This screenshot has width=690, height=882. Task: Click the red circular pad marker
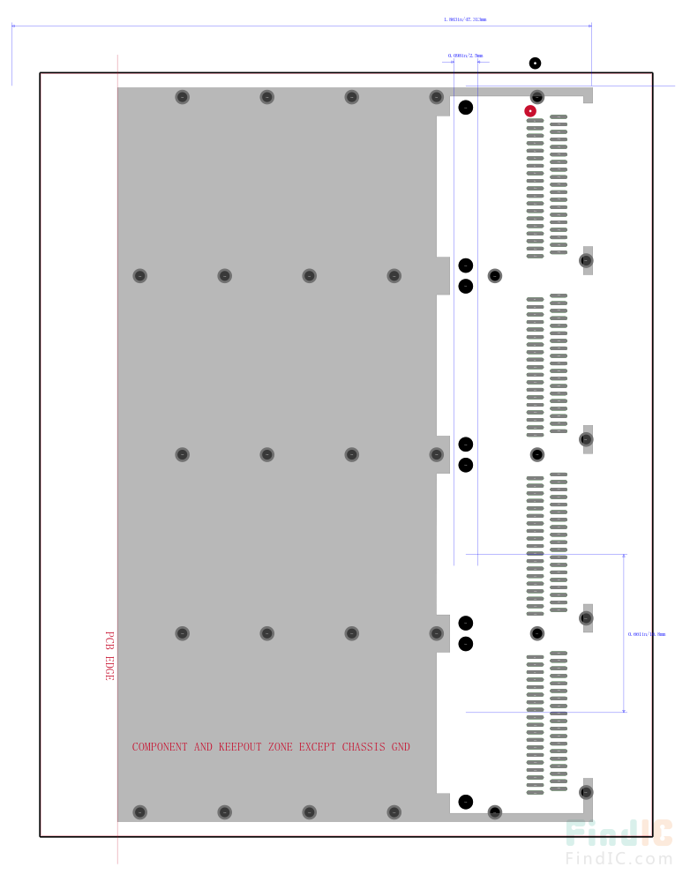pyautogui.click(x=530, y=111)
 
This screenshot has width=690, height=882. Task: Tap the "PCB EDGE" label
pyautogui.click(x=109, y=655)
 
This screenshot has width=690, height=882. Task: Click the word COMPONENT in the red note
pyautogui.click(x=160, y=747)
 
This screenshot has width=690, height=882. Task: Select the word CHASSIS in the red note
pyautogui.click(x=363, y=747)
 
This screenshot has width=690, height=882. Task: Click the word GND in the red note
pyautogui.click(x=401, y=747)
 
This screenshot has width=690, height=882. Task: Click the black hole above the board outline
pyautogui.click(x=535, y=63)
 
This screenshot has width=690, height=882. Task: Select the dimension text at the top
pyautogui.click(x=464, y=19)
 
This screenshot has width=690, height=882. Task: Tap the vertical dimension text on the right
pyautogui.click(x=647, y=634)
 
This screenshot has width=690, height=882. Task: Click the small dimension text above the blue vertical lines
pyautogui.click(x=465, y=56)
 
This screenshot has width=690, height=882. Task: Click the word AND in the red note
pyautogui.click(x=203, y=747)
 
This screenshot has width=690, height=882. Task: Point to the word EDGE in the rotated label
pyautogui.click(x=109, y=669)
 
